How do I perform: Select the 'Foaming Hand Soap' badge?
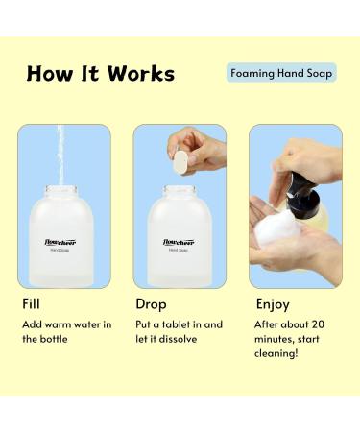[282, 72]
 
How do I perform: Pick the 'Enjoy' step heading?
[273, 304]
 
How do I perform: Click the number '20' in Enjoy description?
[324, 324]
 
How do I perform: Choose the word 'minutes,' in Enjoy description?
[277, 341]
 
